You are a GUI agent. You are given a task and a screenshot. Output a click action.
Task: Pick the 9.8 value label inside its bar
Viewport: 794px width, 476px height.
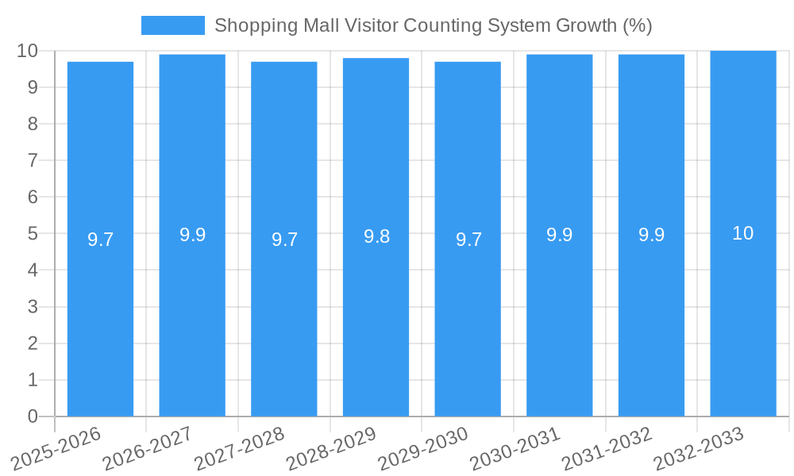(376, 236)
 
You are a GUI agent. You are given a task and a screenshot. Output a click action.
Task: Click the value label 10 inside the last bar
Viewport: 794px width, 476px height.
(742, 233)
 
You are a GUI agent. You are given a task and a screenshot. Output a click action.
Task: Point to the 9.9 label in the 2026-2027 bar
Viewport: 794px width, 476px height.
(192, 235)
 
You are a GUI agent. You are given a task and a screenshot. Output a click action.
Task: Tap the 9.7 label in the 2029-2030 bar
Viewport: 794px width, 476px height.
(468, 240)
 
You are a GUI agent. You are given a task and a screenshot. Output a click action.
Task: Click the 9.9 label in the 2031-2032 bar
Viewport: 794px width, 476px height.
(651, 235)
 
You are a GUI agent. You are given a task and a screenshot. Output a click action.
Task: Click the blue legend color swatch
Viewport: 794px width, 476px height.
(172, 25)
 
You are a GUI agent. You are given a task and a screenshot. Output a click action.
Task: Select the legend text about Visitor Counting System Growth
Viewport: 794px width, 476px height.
(433, 25)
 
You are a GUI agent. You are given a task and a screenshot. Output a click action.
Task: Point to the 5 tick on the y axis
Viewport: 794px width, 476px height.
(33, 234)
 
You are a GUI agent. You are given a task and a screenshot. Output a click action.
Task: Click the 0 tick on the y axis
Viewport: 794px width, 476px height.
(33, 416)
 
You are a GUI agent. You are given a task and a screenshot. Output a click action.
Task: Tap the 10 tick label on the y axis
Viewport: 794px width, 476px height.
(28, 51)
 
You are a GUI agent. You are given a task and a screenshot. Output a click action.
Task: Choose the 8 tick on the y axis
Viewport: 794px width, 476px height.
(33, 124)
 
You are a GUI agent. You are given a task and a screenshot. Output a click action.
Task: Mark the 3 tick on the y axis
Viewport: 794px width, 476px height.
(33, 307)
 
